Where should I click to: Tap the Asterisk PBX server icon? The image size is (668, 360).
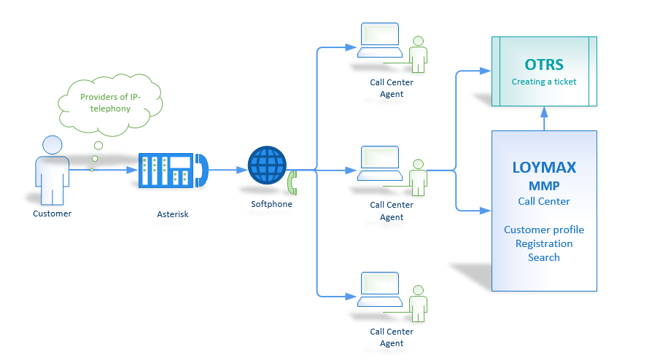166,171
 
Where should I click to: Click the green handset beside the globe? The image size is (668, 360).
292,182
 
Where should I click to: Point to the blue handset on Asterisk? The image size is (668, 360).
201,170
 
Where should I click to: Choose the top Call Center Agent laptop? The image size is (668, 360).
379,41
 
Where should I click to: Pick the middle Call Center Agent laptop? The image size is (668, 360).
379,163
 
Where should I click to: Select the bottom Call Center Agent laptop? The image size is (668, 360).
379,289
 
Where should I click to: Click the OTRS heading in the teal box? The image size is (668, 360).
544,65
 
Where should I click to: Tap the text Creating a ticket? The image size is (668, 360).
544,82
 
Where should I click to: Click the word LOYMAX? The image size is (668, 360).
543,167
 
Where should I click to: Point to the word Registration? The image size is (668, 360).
544,243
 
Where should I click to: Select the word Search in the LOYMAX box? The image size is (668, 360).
544,257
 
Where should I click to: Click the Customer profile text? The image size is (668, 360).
544,230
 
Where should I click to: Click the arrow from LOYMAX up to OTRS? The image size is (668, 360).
544,119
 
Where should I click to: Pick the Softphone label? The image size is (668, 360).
271,204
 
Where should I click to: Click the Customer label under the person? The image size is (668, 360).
53,214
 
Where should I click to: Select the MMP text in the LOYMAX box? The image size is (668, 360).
544,185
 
